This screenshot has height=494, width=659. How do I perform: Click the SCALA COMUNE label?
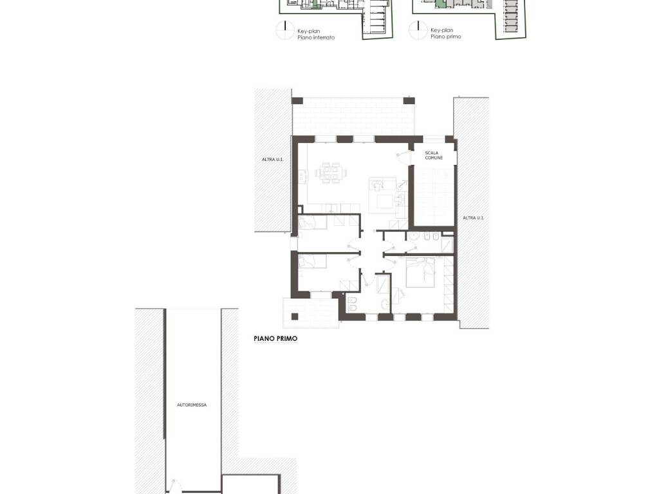click(x=434, y=156)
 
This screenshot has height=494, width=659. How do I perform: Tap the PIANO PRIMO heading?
click(x=275, y=338)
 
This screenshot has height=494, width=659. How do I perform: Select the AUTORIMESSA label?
click(x=192, y=405)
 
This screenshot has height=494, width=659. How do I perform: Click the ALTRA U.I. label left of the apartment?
click(x=273, y=160)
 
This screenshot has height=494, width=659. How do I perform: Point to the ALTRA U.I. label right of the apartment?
click(x=474, y=217)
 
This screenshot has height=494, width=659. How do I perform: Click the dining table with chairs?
click(x=331, y=172)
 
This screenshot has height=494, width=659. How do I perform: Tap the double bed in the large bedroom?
click(x=420, y=272)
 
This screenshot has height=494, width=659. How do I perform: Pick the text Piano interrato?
click(x=316, y=37)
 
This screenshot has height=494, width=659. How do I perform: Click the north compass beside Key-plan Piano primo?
click(x=418, y=30)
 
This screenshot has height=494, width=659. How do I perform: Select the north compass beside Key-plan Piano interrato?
click(x=285, y=30)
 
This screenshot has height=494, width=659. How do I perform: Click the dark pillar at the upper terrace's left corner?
click(x=297, y=101)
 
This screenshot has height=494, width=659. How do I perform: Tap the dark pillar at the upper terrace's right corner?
click(x=409, y=101)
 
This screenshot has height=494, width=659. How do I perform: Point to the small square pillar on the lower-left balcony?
click(x=295, y=316)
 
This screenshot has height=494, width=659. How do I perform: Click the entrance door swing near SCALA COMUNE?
click(x=403, y=156)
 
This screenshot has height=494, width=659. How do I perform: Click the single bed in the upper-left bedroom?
click(x=312, y=223)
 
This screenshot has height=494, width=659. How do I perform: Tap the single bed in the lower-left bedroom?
click(x=312, y=261)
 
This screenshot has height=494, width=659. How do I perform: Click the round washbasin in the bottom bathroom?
click(x=385, y=304)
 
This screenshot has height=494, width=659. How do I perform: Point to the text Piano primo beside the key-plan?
click(x=445, y=37)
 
